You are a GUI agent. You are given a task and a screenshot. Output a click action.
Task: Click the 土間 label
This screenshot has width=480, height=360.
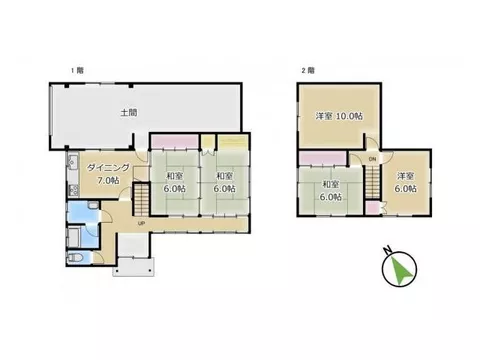coord(129,113)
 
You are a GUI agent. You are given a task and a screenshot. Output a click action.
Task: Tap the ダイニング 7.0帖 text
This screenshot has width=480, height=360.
coord(108,174)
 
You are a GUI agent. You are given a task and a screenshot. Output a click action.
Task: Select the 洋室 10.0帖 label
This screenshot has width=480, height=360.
coord(339,116)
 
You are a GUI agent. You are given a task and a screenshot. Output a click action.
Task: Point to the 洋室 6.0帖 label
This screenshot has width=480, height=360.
coord(406,182)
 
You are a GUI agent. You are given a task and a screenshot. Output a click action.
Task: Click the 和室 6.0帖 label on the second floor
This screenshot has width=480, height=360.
coord(331,190)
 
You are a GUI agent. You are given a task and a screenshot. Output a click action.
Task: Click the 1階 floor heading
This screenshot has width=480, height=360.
coord(77,71)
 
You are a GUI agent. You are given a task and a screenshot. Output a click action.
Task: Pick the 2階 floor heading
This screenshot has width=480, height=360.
coord(308,71)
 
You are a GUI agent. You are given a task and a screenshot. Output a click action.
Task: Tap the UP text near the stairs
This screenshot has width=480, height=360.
coord(141,224)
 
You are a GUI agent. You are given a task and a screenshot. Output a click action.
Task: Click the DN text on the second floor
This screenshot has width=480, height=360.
coord(372,159)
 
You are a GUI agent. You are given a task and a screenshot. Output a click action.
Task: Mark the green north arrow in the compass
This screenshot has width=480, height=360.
coord(402,269)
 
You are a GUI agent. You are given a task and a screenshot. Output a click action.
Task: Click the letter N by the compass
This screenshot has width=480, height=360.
coord(387,250)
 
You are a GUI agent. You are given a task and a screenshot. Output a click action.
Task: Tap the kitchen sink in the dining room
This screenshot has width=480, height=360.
coord(72,162)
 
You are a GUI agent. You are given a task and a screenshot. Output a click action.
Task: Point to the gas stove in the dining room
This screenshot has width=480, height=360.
coord(74,190)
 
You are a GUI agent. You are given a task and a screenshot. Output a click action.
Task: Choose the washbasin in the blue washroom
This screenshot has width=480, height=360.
coord(94,205)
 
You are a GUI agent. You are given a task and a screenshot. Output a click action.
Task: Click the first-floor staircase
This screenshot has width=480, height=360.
coord(141,199)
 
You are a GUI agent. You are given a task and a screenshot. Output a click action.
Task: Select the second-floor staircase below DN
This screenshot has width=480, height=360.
coord(372,182)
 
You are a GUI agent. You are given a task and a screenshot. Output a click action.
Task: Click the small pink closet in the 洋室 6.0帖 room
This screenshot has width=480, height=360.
coord(372,208)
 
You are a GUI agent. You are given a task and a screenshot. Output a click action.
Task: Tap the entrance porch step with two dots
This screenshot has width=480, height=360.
coord(134,267)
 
